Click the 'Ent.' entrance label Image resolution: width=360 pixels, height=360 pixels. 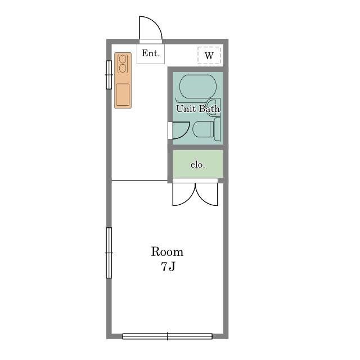tap(151, 53)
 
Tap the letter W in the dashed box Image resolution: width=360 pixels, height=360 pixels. tap(209, 56)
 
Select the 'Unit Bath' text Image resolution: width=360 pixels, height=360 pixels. tap(198, 109)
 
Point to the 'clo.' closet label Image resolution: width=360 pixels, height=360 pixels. tap(197, 165)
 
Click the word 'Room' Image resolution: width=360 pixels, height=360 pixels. tap(167, 252)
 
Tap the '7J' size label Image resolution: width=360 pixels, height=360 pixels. tap(168, 266)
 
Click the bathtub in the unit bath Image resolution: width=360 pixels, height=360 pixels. tap(197, 86)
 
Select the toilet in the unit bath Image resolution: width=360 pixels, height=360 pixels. tap(206, 129)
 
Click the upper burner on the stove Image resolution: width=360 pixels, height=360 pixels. tap(123, 59)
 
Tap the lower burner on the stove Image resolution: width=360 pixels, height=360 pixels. tap(123, 69)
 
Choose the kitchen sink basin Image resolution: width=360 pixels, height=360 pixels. tap(123, 94)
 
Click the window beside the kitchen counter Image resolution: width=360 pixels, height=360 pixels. tap(109, 75)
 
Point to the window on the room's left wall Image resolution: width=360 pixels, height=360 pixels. tap(109, 253)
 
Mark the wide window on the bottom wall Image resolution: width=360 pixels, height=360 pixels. tap(168, 336)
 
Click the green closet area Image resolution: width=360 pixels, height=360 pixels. tap(197, 164)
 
